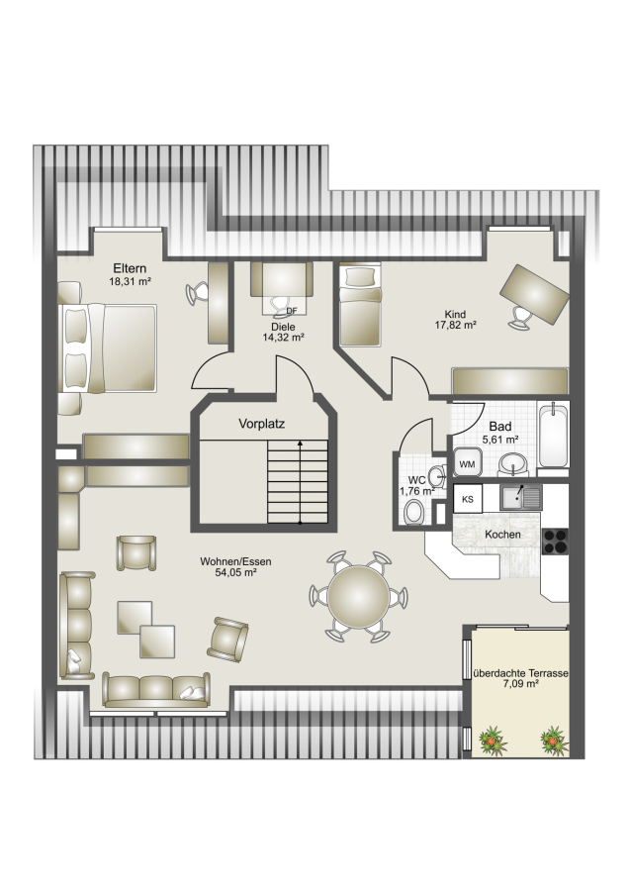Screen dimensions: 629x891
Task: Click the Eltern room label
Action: coord(130,268)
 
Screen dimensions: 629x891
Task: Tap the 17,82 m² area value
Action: coord(455,326)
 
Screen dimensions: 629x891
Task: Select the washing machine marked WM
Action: coord(467,462)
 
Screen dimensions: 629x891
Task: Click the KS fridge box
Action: coord(468,499)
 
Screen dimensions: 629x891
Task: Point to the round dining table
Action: coord(359,596)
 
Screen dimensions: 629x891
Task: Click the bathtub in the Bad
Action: coord(553,435)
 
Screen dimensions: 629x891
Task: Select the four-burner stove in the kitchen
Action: coord(555,541)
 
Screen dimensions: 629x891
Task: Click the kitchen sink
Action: coord(520,498)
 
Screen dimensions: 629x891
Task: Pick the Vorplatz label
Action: coord(262,424)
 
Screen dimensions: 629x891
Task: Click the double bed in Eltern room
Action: coord(107,347)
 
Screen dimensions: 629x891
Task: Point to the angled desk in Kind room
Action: coord(534,294)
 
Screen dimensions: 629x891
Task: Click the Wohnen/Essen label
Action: coord(235,561)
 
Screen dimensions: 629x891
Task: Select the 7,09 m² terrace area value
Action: coord(520,684)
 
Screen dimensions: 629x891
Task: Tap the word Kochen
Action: coord(503,535)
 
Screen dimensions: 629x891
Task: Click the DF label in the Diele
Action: coord(292,311)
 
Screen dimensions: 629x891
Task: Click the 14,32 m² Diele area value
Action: coord(283,337)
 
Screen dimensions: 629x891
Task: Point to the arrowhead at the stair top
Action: coord(300,442)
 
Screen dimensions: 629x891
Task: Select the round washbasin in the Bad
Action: coord(513,464)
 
